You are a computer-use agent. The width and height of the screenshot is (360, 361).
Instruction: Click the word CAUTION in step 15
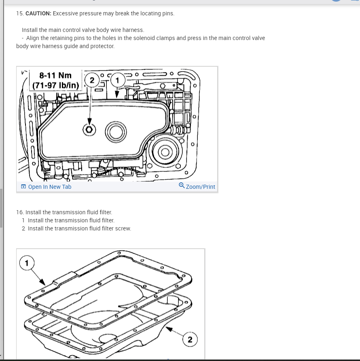tap(38, 13)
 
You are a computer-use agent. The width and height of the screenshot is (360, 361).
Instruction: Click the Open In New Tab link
tap(49, 187)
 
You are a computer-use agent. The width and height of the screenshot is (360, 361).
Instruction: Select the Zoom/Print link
tap(200, 187)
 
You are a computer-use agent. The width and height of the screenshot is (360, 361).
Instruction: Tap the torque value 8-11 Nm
tap(55, 75)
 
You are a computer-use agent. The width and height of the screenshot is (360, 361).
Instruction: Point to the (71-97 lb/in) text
tap(55, 86)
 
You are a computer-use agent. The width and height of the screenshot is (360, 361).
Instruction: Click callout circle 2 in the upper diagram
tap(92, 80)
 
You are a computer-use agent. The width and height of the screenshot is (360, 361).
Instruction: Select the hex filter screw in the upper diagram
tap(89, 130)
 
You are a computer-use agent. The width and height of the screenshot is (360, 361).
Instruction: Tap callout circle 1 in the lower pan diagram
tap(27, 263)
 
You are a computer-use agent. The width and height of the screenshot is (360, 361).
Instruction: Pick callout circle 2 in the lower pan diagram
tap(190, 340)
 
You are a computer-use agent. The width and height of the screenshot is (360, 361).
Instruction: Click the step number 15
tap(19, 13)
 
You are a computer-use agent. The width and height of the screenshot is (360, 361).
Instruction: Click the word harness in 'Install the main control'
tap(132, 30)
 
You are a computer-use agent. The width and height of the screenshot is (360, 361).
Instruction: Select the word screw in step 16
tap(123, 228)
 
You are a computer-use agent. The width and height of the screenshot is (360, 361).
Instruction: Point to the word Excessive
tap(66, 13)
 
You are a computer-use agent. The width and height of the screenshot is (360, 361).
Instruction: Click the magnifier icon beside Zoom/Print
tap(182, 186)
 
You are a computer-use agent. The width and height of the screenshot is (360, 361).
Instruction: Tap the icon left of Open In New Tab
tap(23, 187)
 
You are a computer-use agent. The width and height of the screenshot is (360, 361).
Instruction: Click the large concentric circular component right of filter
tap(165, 152)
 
